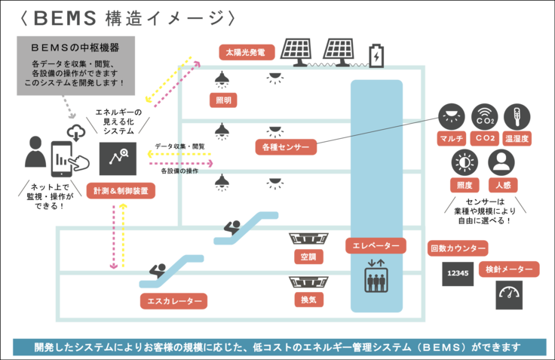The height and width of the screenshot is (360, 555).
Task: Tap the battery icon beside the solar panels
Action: (376, 54)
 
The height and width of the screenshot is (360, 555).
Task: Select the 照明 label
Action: (223, 100)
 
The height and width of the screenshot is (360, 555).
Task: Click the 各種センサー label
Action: (285, 146)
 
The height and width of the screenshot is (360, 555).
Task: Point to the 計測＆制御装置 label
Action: (121, 190)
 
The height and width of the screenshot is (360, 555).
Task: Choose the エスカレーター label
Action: (173, 301)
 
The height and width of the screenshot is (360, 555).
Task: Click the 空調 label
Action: (308, 256)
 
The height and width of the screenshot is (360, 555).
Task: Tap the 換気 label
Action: (308, 299)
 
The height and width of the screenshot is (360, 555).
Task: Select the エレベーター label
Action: (376, 245)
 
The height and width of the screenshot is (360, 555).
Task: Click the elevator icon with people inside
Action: (375, 277)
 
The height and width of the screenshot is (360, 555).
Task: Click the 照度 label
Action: (465, 185)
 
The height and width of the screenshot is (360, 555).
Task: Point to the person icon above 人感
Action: (501, 162)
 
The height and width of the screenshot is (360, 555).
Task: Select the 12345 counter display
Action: (458, 273)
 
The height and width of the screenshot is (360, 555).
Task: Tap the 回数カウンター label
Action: (457, 248)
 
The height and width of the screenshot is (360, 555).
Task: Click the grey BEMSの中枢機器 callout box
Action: (76, 65)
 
